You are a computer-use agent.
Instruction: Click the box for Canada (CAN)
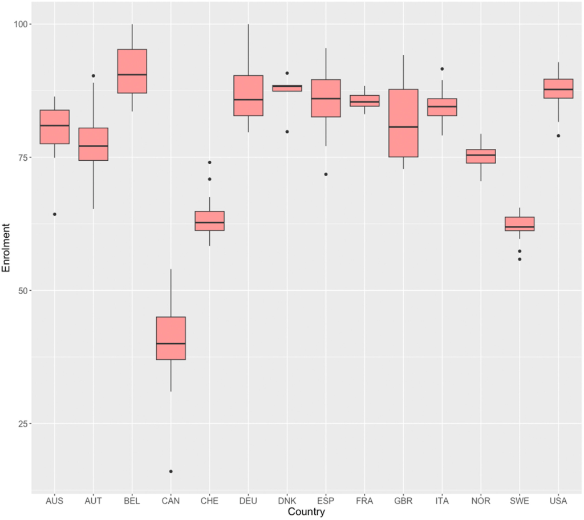click(171, 338)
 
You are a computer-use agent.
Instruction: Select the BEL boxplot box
click(132, 71)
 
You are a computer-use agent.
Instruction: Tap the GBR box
click(403, 123)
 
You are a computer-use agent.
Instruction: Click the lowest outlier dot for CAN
click(171, 472)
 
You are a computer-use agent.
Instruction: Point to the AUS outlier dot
click(54, 214)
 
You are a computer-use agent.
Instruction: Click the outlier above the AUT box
click(93, 76)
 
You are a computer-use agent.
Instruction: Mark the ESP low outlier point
click(326, 174)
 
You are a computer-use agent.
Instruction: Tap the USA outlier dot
click(558, 136)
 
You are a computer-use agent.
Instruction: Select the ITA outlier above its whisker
click(442, 69)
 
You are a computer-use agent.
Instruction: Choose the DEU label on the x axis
click(248, 501)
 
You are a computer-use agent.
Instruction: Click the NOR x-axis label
click(481, 501)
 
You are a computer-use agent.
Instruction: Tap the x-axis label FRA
click(364, 501)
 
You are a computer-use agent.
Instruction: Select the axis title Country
click(306, 512)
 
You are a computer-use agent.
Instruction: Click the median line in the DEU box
click(248, 100)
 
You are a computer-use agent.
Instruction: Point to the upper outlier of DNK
click(287, 73)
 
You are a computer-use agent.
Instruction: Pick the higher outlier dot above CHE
click(209, 162)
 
